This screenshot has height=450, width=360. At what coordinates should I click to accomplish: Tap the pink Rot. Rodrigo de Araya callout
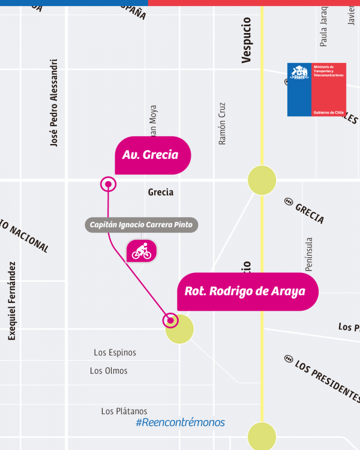click(247, 292)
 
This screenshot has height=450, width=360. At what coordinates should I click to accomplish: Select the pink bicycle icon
click(142, 251)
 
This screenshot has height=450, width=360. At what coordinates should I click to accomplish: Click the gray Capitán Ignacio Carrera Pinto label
click(141, 226)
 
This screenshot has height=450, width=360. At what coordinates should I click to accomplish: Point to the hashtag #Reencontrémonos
click(180, 423)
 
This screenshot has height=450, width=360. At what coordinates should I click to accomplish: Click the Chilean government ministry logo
click(316, 89)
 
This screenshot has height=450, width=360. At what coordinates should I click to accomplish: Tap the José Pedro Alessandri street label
click(55, 103)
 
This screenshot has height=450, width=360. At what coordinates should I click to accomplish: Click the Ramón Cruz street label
click(222, 123)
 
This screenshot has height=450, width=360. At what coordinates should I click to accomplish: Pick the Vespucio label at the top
click(246, 40)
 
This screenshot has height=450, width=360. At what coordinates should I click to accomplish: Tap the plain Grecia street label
click(160, 192)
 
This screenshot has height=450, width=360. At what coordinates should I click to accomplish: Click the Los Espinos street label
click(115, 353)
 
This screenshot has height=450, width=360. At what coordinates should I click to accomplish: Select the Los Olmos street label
click(109, 371)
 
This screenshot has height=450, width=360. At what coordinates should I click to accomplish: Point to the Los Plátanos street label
click(124, 411)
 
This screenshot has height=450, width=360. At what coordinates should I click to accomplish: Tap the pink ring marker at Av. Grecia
click(108, 184)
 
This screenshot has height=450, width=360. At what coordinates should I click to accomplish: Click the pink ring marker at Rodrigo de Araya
click(171, 321)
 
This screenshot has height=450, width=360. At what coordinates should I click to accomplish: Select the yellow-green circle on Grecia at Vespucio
click(262, 180)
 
